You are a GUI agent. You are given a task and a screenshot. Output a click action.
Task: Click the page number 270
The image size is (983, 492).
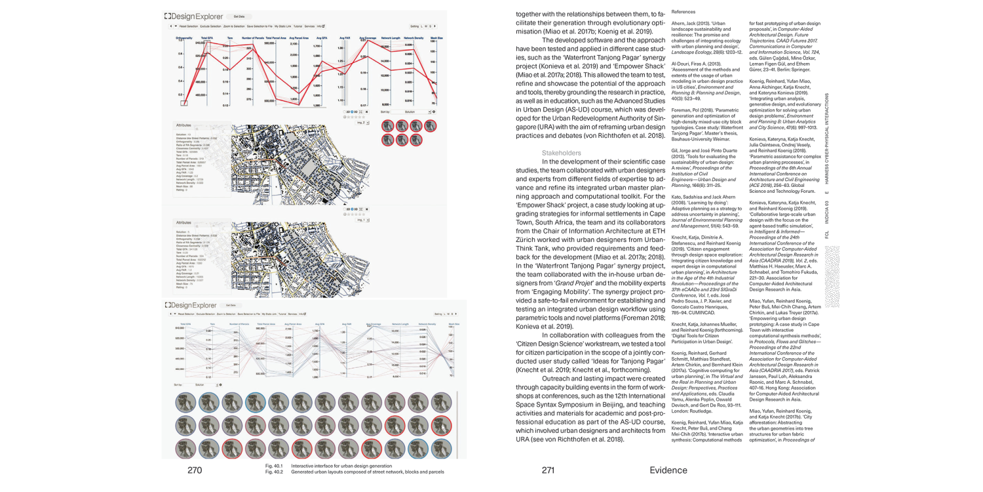pyautogui.click(x=195, y=470)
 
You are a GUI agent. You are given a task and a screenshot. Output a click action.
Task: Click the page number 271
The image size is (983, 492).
pyautogui.click(x=549, y=470)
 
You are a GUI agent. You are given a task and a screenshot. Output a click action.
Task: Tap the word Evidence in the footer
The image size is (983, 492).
pyautogui.click(x=668, y=470)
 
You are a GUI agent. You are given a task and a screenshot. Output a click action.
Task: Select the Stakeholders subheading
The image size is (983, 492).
pyautogui.click(x=561, y=153)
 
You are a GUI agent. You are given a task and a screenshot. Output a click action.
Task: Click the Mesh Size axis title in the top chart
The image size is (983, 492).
pyautogui.click(x=436, y=39)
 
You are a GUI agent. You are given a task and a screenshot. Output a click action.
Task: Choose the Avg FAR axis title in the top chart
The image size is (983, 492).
pyautogui.click(x=345, y=39)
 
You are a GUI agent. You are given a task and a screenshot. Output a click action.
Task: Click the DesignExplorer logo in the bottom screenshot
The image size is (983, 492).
pyautogui.click(x=190, y=305)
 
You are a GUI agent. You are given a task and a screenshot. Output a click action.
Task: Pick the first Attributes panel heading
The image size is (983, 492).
pyautogui.click(x=183, y=124)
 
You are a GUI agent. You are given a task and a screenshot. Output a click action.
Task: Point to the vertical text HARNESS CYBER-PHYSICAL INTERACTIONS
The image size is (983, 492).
pyautogui.click(x=827, y=138)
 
